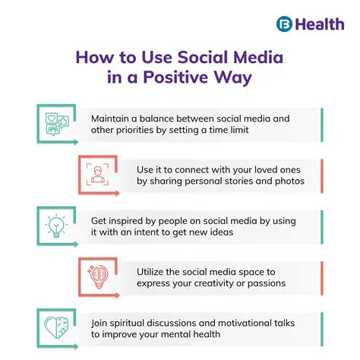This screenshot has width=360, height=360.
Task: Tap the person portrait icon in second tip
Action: pyautogui.click(x=96, y=175)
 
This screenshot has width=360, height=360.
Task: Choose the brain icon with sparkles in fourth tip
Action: pyautogui.click(x=96, y=276)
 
